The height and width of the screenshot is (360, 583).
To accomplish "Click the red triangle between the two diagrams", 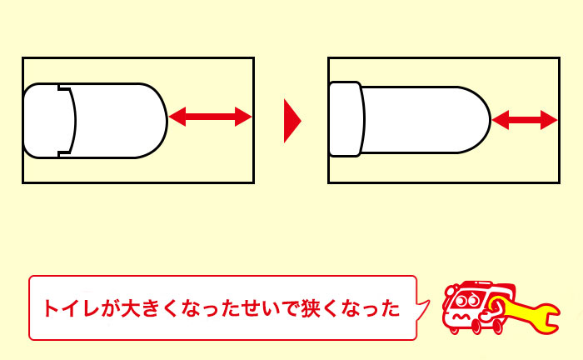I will [291, 121].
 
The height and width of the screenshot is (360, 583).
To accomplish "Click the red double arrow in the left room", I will [210, 117].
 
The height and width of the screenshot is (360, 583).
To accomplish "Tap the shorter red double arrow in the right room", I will [524, 121].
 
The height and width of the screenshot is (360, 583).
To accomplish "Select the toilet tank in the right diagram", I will [345, 119].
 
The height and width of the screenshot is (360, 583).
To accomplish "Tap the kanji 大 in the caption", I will [129, 309].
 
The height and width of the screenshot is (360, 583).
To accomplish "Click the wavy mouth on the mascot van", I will [461, 318].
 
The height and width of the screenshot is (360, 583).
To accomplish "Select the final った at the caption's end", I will [382, 309].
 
